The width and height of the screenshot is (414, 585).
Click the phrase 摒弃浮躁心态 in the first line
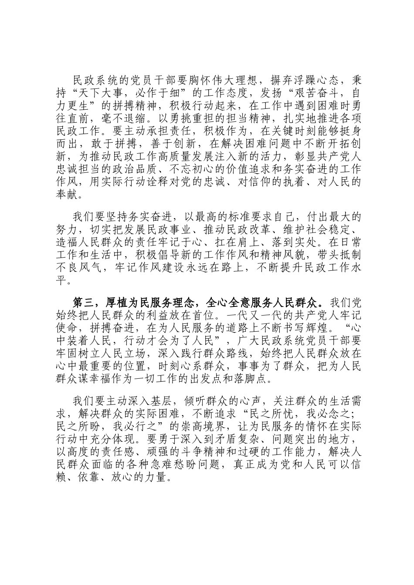(299, 81)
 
